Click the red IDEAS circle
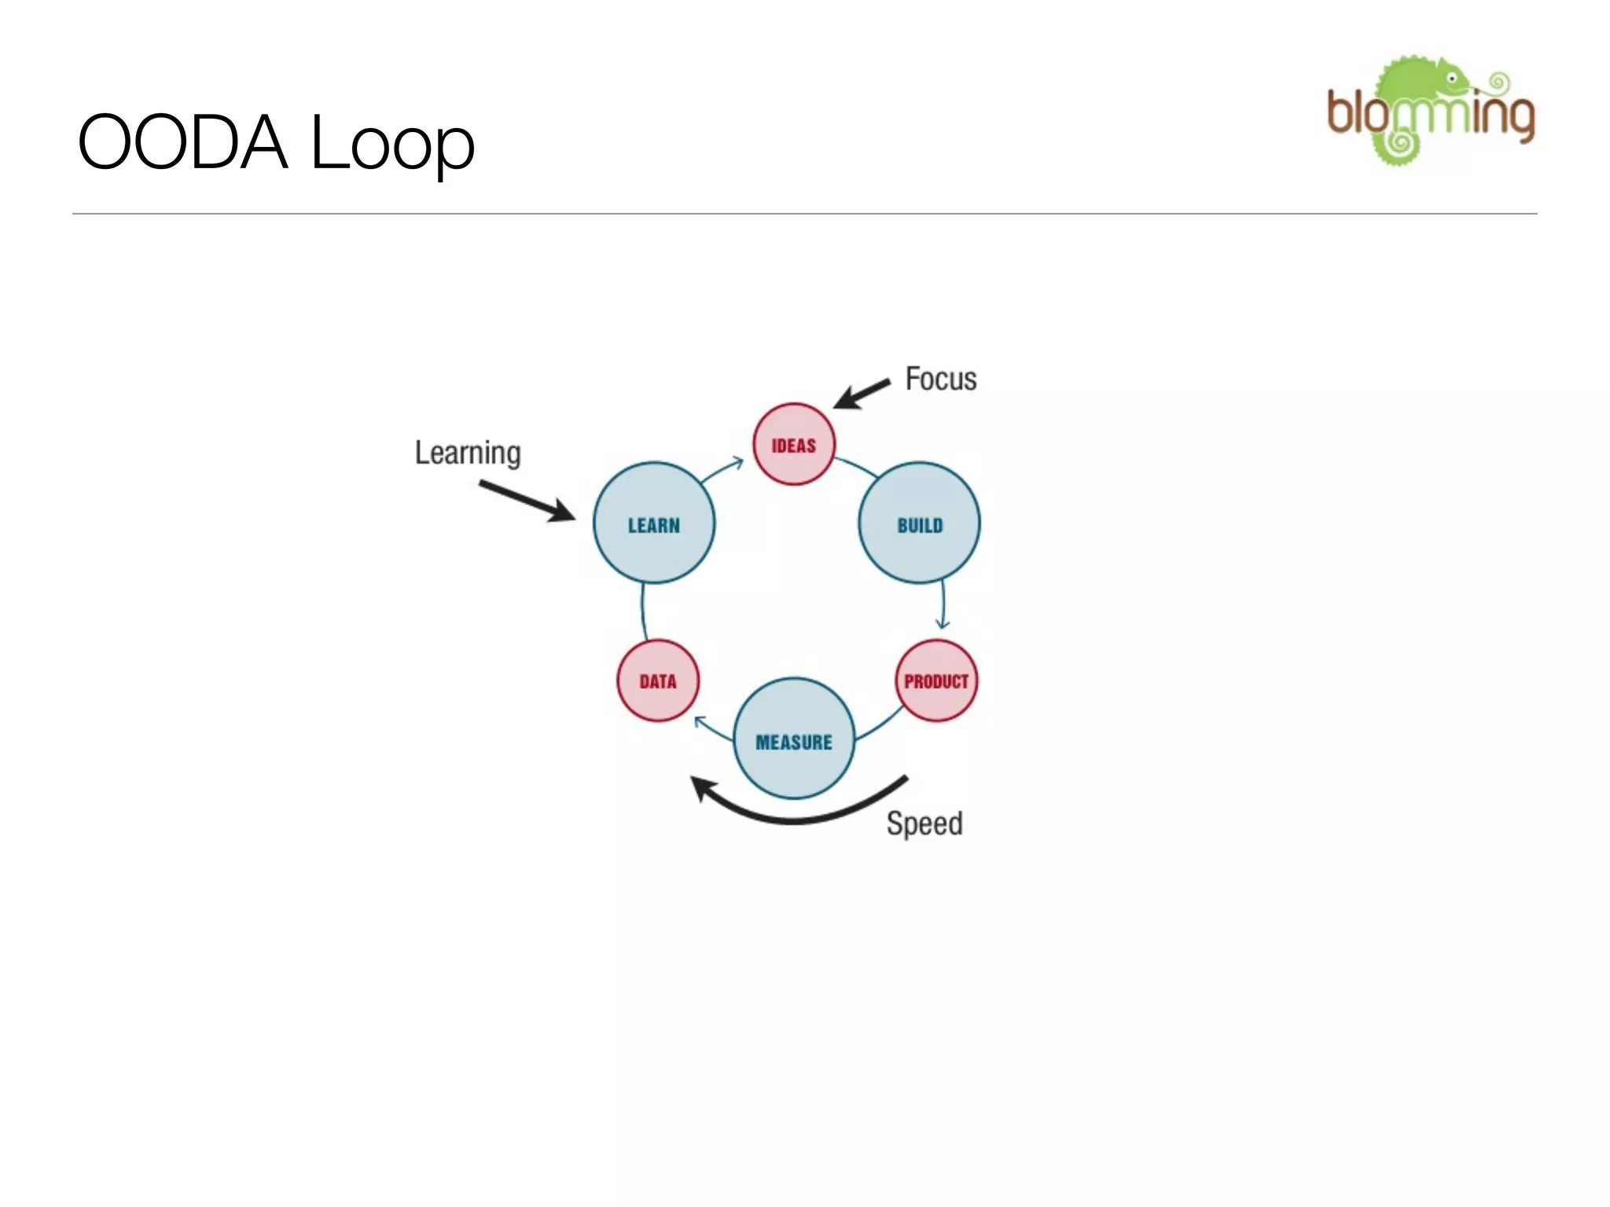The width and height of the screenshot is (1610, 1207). pos(793,445)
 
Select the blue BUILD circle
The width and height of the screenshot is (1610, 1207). pos(919,523)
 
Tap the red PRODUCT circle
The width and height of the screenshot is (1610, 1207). pos(935,681)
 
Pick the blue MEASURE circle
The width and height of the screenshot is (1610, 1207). pos(793,739)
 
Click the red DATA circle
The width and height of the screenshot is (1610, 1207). pos(657,681)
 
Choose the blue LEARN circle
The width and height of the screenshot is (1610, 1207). pos(653,523)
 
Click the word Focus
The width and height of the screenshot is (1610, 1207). pos(940,379)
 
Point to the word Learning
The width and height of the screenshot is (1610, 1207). pos(468,453)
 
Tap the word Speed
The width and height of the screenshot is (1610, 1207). pos(924,824)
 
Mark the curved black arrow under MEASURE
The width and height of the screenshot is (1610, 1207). pos(794,817)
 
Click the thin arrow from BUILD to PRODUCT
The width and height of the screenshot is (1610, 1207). pos(943,605)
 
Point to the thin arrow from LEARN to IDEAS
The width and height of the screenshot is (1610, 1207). pos(722,469)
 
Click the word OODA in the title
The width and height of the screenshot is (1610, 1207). pos(182,142)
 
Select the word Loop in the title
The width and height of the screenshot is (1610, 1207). pos(392,142)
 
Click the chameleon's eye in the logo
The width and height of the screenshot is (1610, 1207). pos(1451,79)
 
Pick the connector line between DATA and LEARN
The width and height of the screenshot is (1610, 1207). pos(643,611)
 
